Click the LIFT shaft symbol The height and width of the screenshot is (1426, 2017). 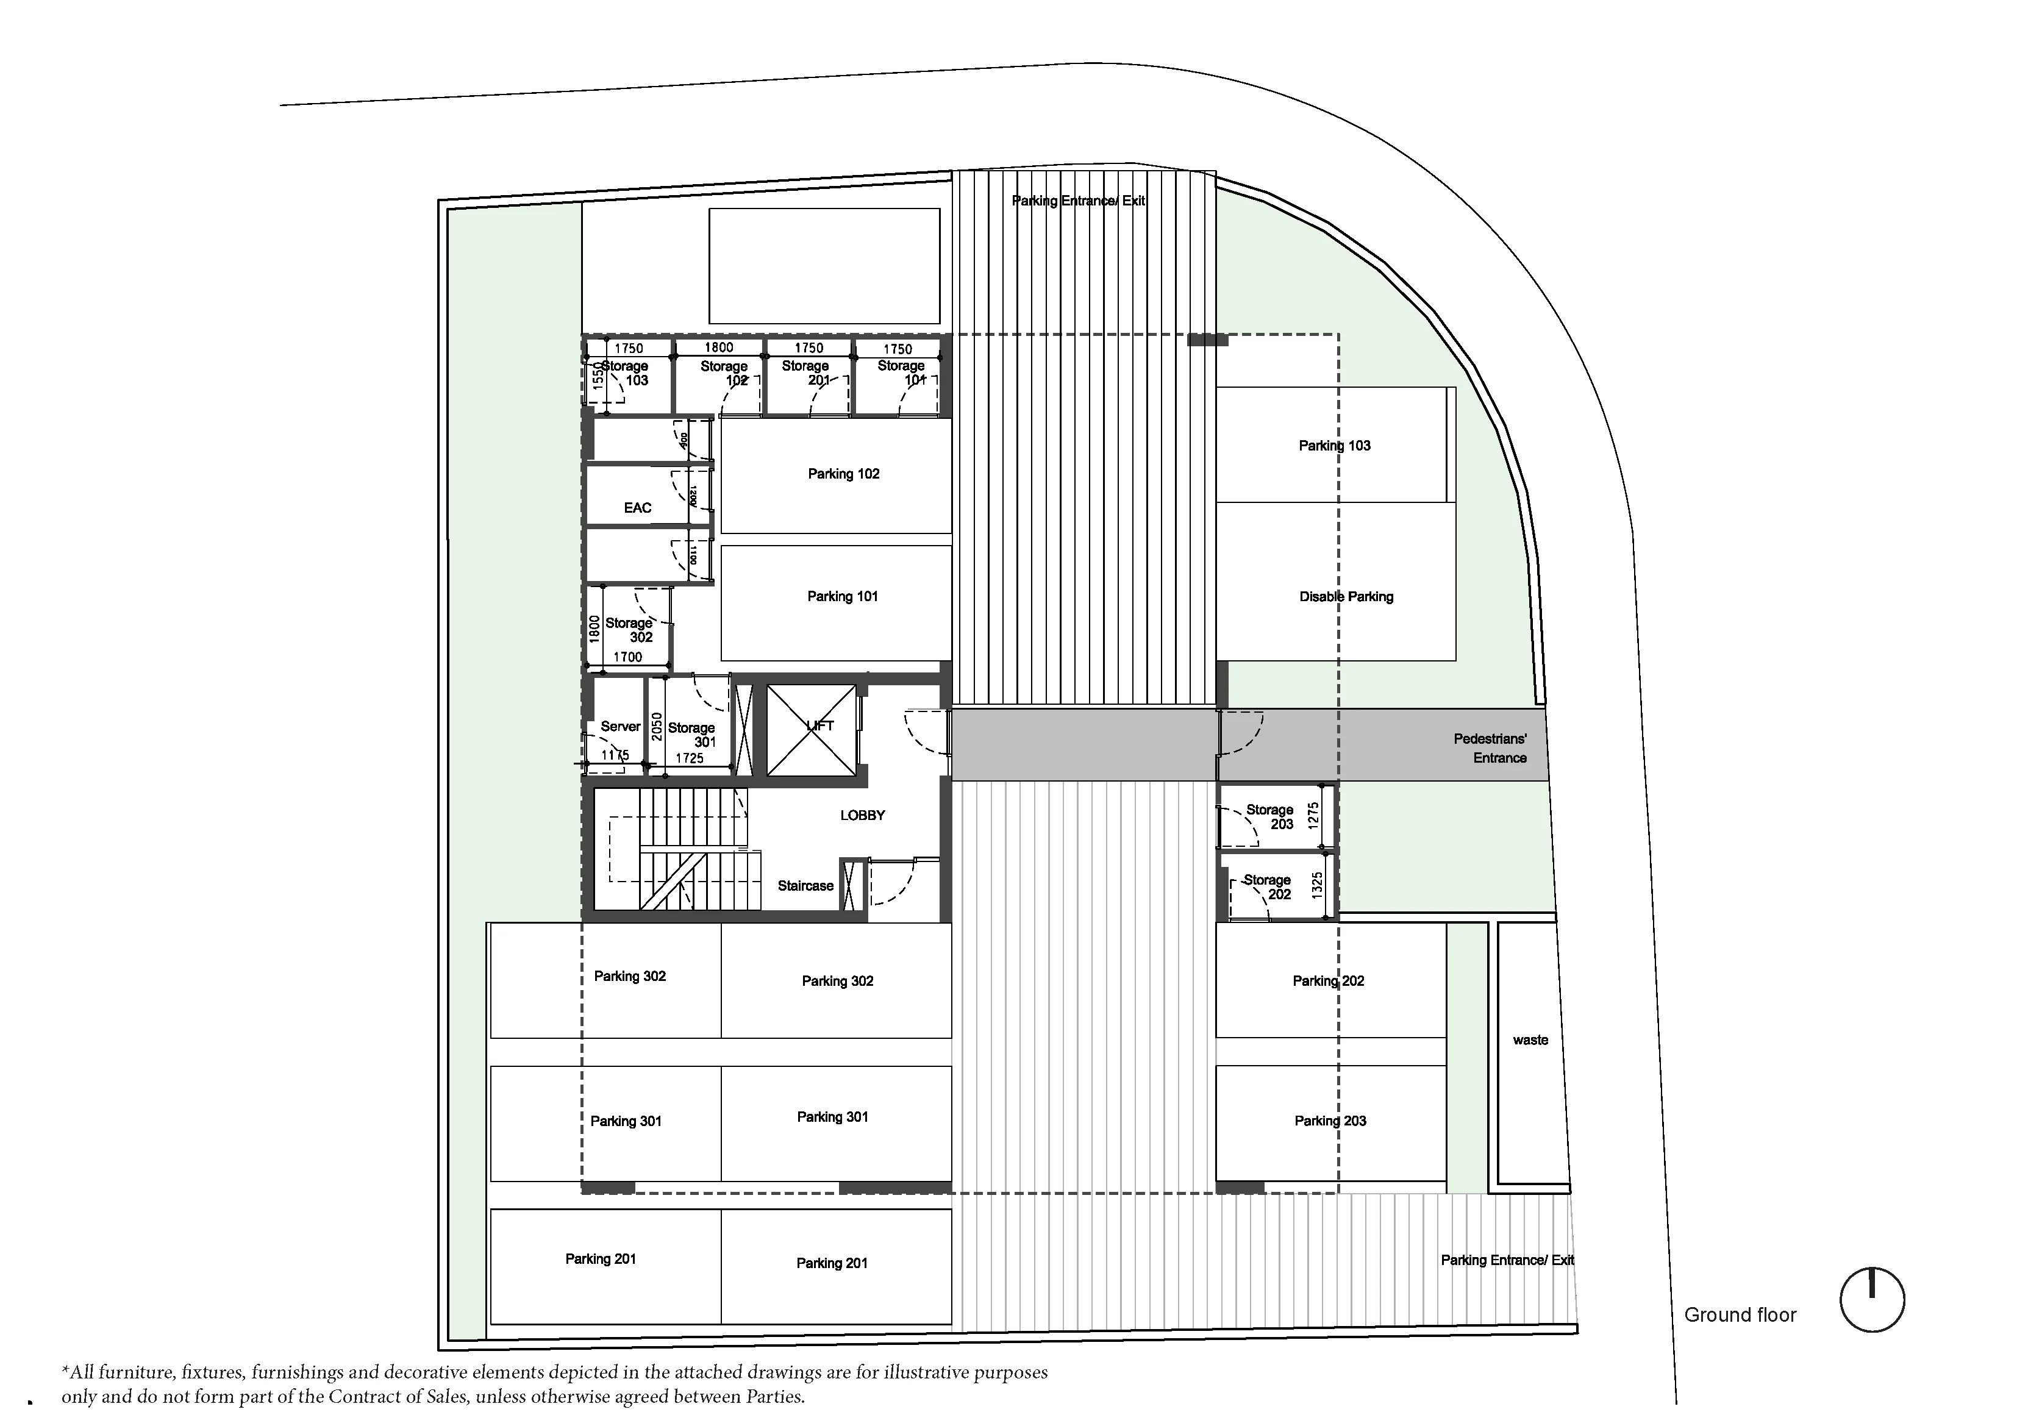pos(811,730)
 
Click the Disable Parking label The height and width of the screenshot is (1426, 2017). pos(1346,597)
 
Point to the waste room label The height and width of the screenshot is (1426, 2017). pos(1530,1040)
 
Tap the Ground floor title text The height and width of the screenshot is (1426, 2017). pos(1740,1315)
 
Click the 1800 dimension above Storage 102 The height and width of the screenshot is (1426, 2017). pos(719,347)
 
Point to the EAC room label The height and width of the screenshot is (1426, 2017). pos(638,508)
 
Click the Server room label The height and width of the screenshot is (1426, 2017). pos(620,727)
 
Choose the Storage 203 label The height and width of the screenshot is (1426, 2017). pos(1269,817)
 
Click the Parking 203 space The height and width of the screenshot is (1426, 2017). pos(1330,1121)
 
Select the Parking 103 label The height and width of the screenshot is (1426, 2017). pos(1335,446)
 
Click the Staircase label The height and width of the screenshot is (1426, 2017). pos(805,886)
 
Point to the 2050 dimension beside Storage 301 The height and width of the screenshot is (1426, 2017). pos(656,727)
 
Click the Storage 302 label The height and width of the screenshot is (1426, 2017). pos(629,630)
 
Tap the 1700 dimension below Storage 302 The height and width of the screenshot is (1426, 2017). pos(627,657)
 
